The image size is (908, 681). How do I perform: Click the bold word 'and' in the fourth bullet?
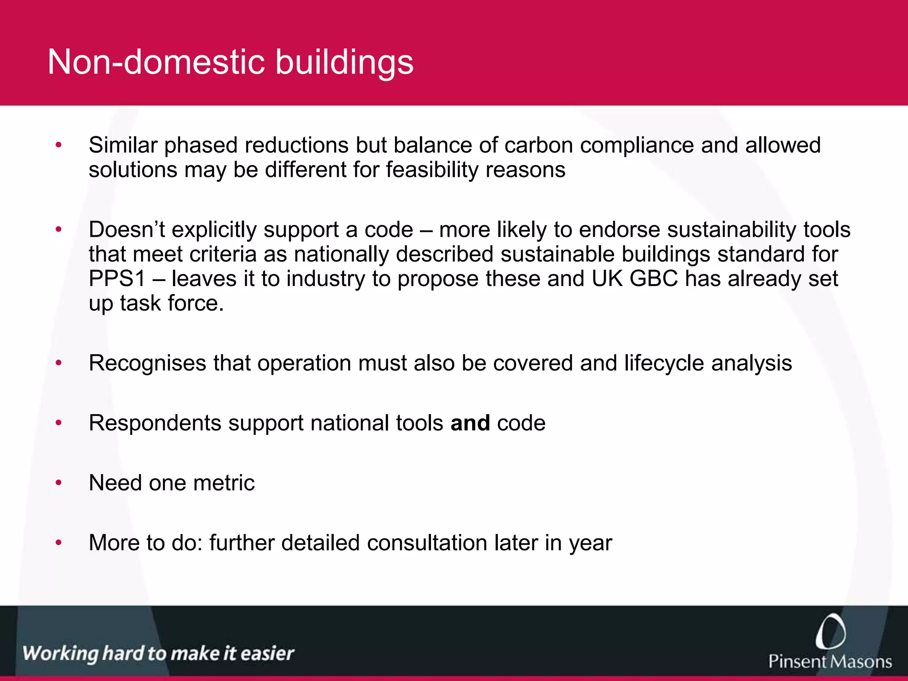click(x=470, y=423)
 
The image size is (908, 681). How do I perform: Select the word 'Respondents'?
click(x=155, y=423)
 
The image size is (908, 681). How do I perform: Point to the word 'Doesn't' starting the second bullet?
click(x=126, y=230)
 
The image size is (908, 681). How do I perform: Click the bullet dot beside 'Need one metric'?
click(x=59, y=482)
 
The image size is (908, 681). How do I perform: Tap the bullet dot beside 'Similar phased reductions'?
click(x=59, y=145)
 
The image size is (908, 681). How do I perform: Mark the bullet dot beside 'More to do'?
click(x=59, y=543)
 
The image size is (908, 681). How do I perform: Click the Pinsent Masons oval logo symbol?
click(x=830, y=632)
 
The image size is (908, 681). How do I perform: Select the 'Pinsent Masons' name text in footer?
click(x=830, y=661)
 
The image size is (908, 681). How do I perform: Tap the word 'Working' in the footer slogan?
click(x=60, y=654)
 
